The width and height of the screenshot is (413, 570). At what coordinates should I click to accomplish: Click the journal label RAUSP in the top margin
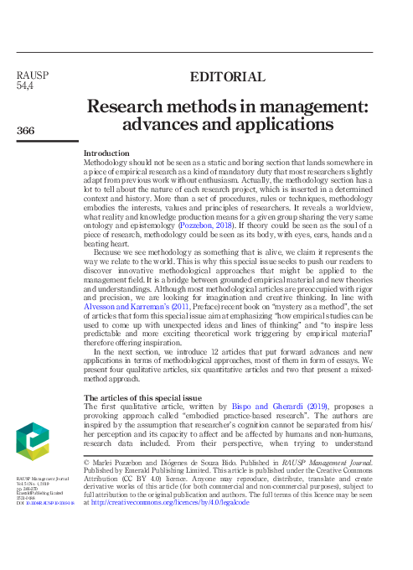pos(33,75)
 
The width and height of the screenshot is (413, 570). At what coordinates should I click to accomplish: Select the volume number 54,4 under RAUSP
pos(25,85)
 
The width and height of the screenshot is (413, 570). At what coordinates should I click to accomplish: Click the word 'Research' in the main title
pos(132,108)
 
